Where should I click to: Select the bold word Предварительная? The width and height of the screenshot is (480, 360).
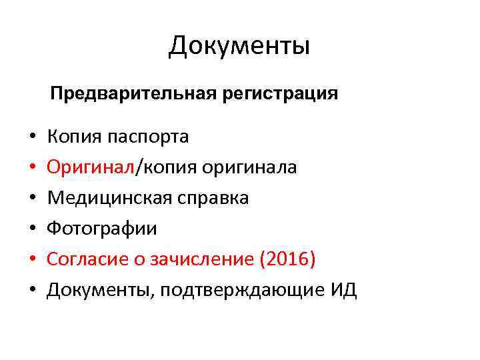131,93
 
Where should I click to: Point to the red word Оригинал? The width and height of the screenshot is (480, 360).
91,167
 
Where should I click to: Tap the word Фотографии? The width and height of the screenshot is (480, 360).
102,229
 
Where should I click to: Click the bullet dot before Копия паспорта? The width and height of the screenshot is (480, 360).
32,138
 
